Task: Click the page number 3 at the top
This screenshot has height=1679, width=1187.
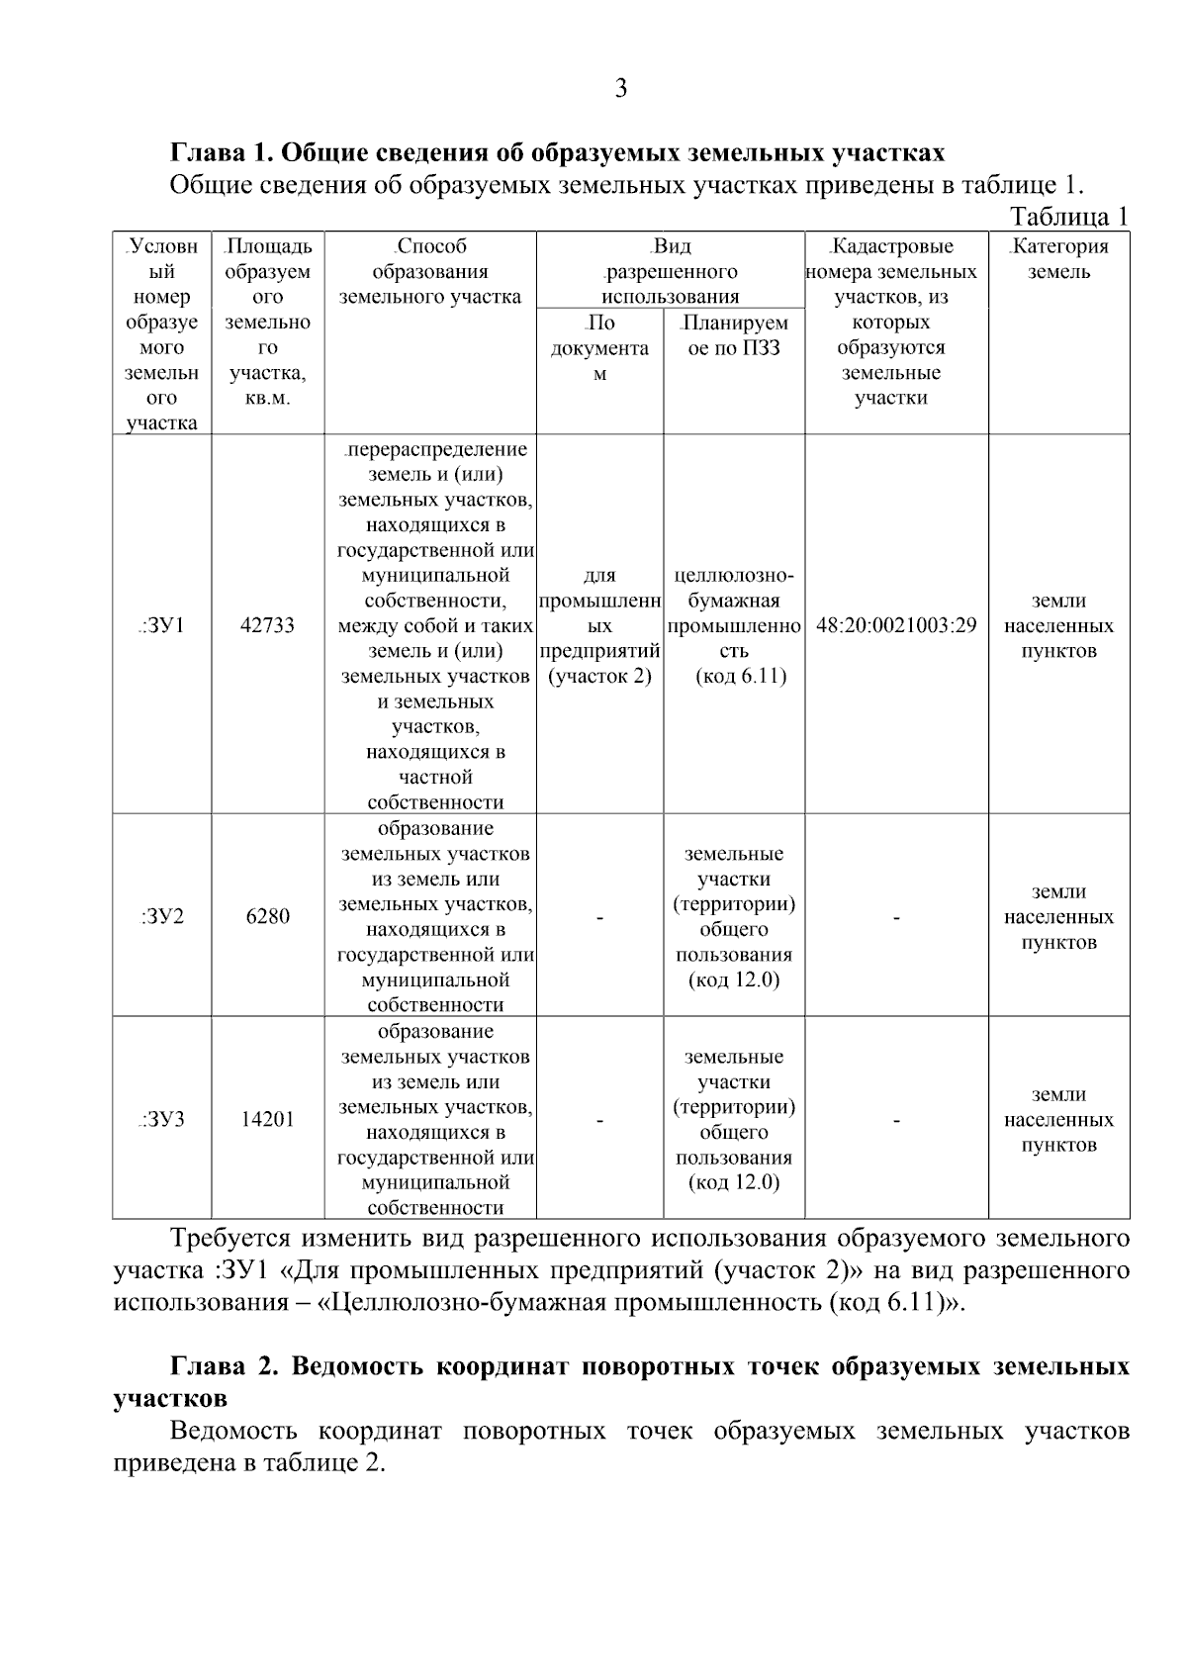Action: point(621,89)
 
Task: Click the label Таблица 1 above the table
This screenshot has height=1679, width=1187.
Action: point(1068,217)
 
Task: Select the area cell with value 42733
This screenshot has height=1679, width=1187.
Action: point(267,625)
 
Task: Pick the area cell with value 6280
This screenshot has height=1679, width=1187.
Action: point(267,916)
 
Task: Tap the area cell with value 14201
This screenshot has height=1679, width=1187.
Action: point(267,1119)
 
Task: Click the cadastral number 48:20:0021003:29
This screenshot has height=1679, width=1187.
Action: point(896,625)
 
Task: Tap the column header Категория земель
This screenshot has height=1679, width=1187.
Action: point(1058,259)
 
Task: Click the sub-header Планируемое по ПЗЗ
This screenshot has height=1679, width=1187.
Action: point(734,335)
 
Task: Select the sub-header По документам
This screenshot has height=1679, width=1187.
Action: point(599,348)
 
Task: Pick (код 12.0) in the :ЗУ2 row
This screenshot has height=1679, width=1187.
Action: point(734,980)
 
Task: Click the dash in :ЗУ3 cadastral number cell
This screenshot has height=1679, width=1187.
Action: point(896,1121)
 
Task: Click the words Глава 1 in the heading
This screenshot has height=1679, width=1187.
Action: point(220,153)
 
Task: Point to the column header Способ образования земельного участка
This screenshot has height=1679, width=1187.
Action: point(430,271)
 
